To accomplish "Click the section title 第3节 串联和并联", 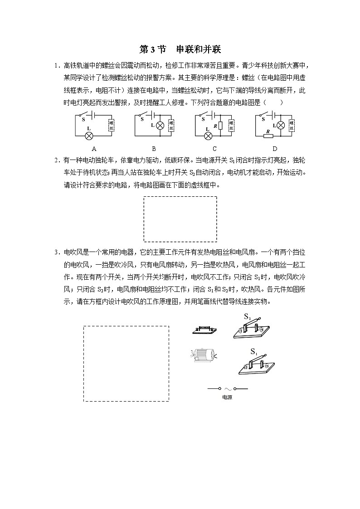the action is coord(180,49).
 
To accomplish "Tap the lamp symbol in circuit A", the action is coord(89,135).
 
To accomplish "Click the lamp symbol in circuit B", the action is coord(159,126).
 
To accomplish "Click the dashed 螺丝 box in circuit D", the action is coord(292,126).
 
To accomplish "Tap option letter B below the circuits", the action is coord(154,148).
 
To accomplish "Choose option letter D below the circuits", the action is coord(274,148).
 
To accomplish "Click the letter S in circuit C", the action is coord(204,120).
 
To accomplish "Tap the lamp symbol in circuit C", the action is coord(209,135).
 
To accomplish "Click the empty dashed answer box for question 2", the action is coord(180,219).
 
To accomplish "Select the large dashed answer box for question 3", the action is coord(126,363).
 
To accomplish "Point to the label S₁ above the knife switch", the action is coord(254,351).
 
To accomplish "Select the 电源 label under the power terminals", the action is coord(227,398).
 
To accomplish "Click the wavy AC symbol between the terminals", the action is coord(228,389).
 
